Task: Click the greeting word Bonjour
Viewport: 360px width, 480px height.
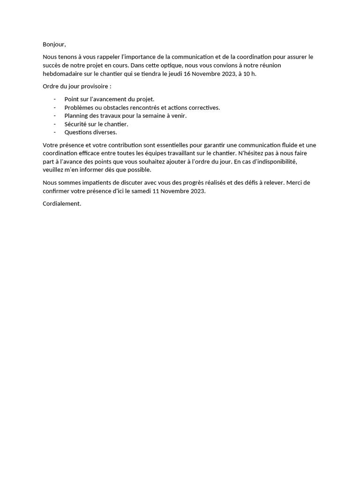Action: (x=54, y=45)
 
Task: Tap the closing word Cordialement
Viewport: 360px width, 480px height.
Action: (x=62, y=204)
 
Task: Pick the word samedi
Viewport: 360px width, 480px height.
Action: (x=140, y=191)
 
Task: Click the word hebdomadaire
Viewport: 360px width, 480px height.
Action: (x=62, y=74)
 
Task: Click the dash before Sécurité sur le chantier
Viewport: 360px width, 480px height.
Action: (x=55, y=124)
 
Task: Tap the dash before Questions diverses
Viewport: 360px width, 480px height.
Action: (x=55, y=132)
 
